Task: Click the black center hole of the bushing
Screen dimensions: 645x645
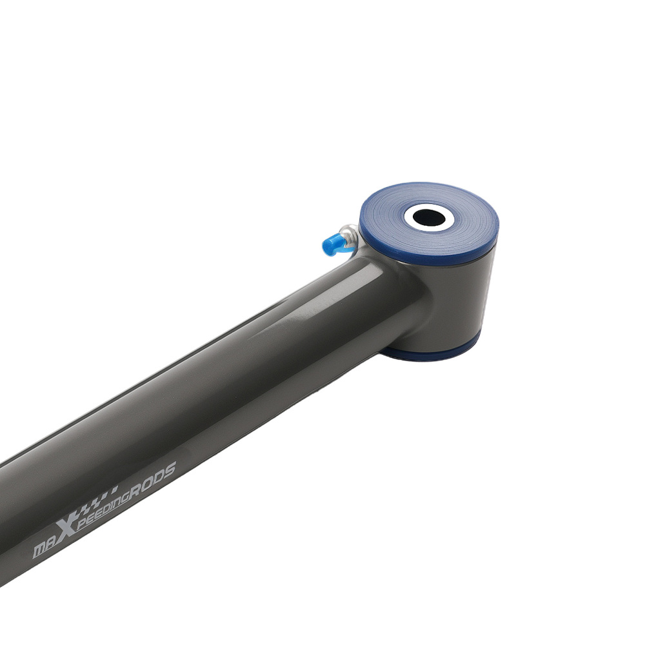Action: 429,217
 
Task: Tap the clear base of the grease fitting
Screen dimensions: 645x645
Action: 350,236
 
